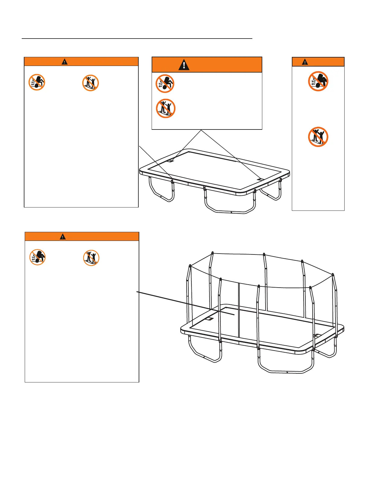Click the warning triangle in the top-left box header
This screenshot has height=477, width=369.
click(65, 62)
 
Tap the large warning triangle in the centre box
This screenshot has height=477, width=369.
click(184, 65)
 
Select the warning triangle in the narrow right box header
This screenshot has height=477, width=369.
click(305, 62)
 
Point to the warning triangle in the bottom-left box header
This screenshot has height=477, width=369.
click(63, 237)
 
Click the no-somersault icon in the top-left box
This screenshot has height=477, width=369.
click(37, 82)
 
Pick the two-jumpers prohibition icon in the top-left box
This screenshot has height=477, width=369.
click(90, 83)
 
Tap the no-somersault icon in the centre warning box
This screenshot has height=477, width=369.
click(165, 83)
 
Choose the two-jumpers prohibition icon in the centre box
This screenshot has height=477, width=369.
click(166, 108)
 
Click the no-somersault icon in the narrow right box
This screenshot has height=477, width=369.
click(318, 81)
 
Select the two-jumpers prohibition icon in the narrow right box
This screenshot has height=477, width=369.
click(318, 137)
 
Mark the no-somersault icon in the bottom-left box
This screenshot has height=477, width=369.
click(37, 257)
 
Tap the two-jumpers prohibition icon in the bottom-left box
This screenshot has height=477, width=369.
click(91, 258)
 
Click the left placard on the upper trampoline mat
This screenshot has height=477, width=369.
click(170, 161)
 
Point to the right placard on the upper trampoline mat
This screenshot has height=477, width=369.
click(260, 179)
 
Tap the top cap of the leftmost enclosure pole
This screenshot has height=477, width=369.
click(190, 266)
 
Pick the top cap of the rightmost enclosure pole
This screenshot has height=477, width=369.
click(333, 274)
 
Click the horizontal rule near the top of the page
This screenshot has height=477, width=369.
click(137, 39)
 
